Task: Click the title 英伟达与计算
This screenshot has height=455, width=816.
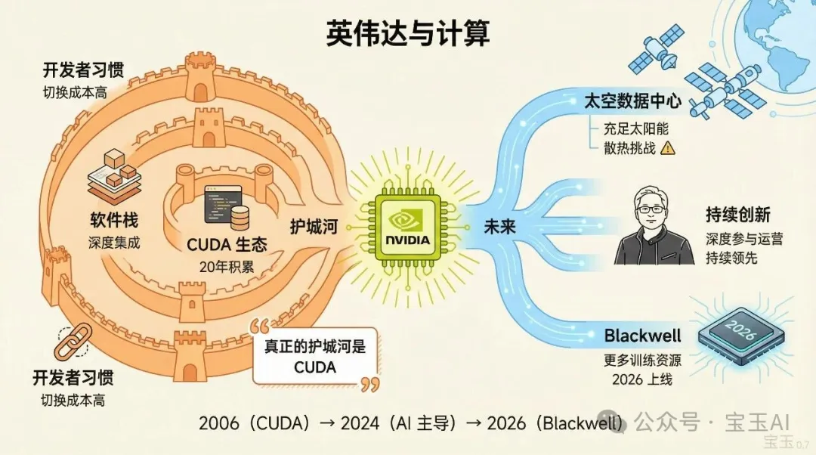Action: coord(408,33)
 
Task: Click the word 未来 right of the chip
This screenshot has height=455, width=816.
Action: coord(487,225)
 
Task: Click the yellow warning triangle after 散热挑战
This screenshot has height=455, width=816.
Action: coord(667,148)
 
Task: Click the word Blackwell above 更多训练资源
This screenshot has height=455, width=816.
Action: coord(643,336)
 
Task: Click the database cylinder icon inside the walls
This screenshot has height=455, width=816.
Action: coord(241,218)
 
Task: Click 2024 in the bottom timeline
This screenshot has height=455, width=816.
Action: coord(361,422)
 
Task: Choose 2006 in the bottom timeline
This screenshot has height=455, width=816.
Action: coord(219,422)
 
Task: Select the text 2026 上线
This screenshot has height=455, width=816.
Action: coord(642,379)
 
